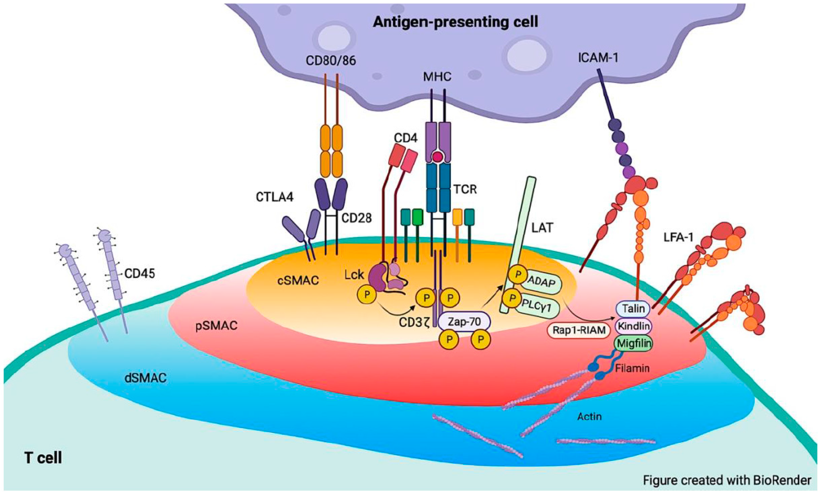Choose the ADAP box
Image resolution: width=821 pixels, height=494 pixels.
coord(541,282)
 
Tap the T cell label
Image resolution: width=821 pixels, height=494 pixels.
coord(43,458)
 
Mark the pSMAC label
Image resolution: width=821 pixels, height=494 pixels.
coord(216,325)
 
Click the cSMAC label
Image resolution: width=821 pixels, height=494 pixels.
coord(298,281)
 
